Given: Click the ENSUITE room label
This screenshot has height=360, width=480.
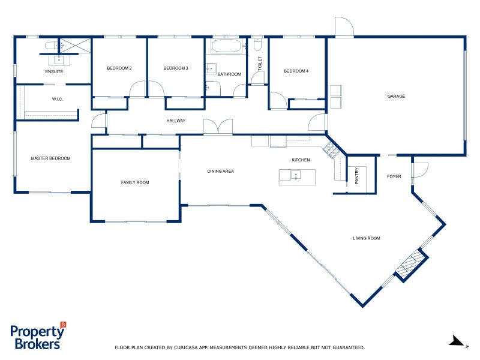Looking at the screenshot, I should [x=54, y=71].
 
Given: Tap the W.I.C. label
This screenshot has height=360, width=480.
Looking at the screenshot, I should [x=58, y=99].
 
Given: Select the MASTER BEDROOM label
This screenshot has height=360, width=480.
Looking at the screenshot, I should [x=50, y=158].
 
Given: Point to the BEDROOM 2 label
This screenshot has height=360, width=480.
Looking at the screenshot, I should [x=119, y=68].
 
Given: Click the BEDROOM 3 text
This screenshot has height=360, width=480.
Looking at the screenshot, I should [x=176, y=68].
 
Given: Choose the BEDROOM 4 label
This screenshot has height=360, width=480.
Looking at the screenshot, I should [x=296, y=71].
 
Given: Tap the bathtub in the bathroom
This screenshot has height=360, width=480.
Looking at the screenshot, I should [x=226, y=46].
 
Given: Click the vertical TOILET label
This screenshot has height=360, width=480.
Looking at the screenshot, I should [x=260, y=64].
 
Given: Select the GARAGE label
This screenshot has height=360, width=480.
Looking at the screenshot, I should [x=396, y=96].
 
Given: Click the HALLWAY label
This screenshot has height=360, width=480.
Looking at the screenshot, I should [x=176, y=121].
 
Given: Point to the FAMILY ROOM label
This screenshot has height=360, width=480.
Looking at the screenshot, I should [x=135, y=182].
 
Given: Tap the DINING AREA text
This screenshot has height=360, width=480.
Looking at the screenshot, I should [x=220, y=171].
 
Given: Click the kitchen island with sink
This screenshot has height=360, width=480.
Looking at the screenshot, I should [x=296, y=176].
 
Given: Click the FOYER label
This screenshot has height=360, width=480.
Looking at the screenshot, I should [x=394, y=176].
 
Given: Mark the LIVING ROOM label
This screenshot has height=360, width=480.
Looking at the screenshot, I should [x=367, y=238].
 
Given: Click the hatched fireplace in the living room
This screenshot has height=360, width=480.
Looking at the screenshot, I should [x=412, y=264].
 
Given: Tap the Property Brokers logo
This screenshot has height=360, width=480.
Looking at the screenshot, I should [x=38, y=336].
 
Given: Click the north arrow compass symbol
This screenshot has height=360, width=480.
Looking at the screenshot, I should [x=458, y=341].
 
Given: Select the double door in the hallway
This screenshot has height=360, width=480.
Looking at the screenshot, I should [x=218, y=127].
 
